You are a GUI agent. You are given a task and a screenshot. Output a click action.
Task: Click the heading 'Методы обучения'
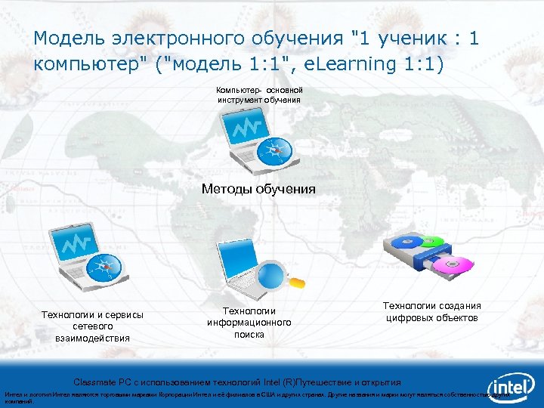point(258,189)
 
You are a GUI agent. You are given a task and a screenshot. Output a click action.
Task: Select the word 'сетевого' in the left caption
point(92,326)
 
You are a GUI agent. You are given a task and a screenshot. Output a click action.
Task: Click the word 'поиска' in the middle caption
point(249,334)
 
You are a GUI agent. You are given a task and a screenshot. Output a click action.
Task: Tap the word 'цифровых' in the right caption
point(409,317)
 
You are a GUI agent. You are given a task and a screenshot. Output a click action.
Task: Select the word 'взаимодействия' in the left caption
point(92,338)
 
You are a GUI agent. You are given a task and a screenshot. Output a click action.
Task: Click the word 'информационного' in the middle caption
point(249,323)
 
